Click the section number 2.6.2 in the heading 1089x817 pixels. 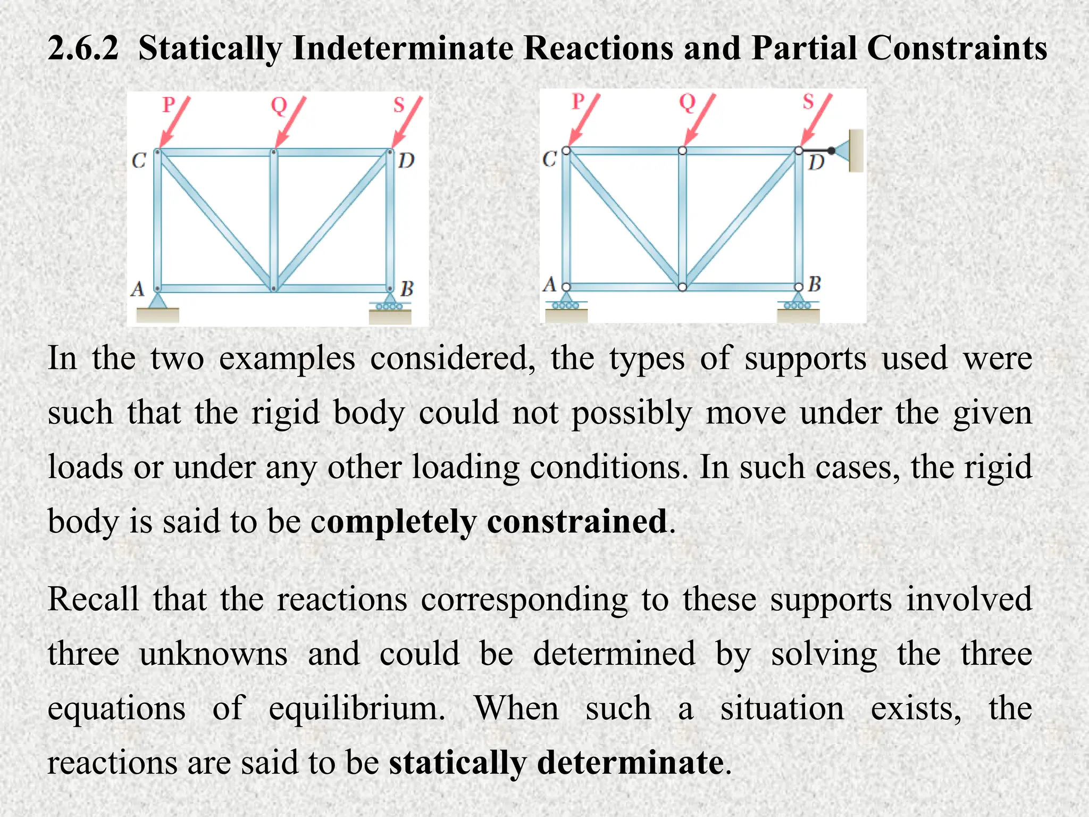pos(82,48)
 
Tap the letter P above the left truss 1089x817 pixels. pos(169,104)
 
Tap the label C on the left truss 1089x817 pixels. pos(139,160)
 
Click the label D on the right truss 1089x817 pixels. pos(816,163)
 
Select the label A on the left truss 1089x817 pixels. pos(138,289)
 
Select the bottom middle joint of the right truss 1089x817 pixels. pos(682,287)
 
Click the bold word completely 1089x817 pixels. pos(394,522)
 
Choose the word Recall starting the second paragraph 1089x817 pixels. pos(93,599)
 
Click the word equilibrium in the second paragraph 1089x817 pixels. pos(356,709)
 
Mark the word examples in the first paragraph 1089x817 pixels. pos(287,359)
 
